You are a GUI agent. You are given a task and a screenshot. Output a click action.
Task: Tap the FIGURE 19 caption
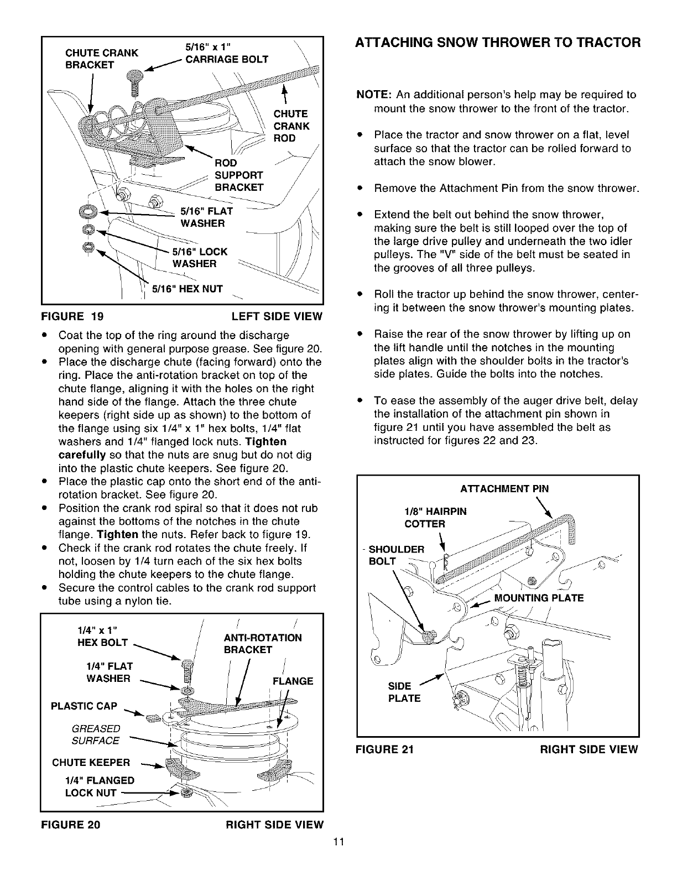[x=72, y=316]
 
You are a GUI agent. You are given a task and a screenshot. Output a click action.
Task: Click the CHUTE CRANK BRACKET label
[x=101, y=59]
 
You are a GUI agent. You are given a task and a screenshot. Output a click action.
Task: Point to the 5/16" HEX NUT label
[x=192, y=289]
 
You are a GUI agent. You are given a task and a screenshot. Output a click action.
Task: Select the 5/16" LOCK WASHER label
[x=199, y=257]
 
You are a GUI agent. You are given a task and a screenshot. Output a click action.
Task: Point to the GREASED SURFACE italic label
[x=96, y=734]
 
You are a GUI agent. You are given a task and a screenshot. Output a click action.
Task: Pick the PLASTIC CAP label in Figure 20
[x=84, y=706]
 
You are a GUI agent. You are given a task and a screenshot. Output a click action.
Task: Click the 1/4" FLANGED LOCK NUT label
[x=100, y=786]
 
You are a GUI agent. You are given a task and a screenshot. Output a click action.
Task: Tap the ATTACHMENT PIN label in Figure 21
[x=504, y=488]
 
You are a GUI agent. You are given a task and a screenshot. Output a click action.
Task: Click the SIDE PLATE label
[x=404, y=692]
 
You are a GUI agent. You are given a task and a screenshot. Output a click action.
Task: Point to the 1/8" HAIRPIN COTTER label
[x=435, y=518]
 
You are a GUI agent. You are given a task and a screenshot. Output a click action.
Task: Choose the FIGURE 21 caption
[x=386, y=749]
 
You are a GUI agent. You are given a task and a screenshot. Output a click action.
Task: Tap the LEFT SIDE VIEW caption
[x=276, y=316]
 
